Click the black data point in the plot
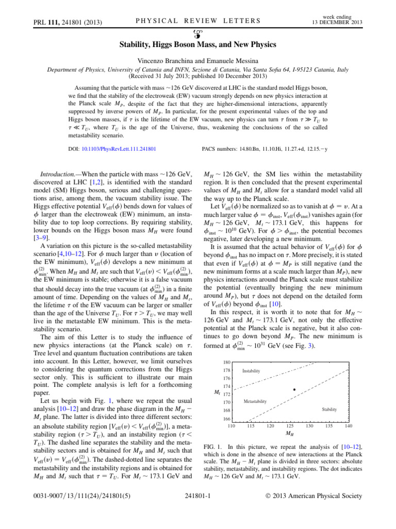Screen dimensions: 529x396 [294, 390]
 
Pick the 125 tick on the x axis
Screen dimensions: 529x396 [290, 426]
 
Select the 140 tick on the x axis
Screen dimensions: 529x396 [349, 426]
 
